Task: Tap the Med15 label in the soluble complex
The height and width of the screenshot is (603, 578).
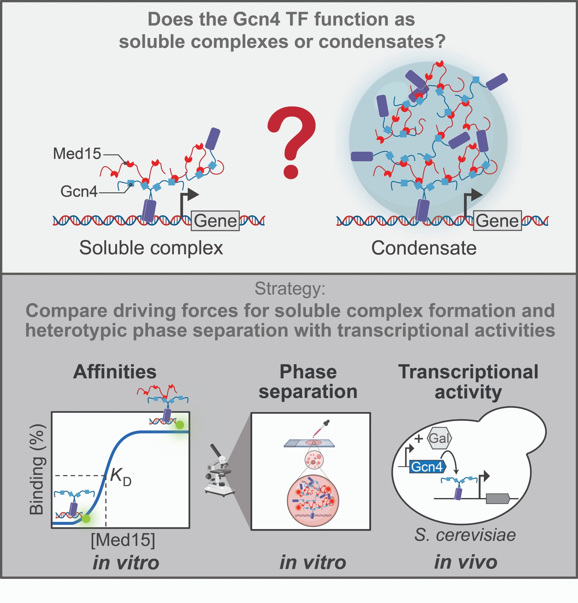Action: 77,153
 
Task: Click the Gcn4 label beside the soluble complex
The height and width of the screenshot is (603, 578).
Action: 79,191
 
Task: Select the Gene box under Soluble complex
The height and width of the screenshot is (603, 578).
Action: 215,221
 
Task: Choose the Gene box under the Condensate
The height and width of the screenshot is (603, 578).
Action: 497,221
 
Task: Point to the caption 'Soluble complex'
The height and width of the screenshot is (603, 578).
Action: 151,248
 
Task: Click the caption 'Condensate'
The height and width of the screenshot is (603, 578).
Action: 424,248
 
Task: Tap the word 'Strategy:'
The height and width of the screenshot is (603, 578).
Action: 290,289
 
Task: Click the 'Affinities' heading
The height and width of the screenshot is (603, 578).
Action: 115,372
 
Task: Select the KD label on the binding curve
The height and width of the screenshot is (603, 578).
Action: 120,476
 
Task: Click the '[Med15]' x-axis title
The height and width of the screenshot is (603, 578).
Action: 123,540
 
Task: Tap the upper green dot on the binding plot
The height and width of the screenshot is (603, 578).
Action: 180,425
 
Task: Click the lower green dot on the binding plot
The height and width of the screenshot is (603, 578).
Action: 86,519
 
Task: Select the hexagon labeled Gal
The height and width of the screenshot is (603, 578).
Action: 440,438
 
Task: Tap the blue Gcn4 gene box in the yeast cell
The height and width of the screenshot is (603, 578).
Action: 427,467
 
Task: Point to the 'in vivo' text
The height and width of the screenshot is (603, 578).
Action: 466,562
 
